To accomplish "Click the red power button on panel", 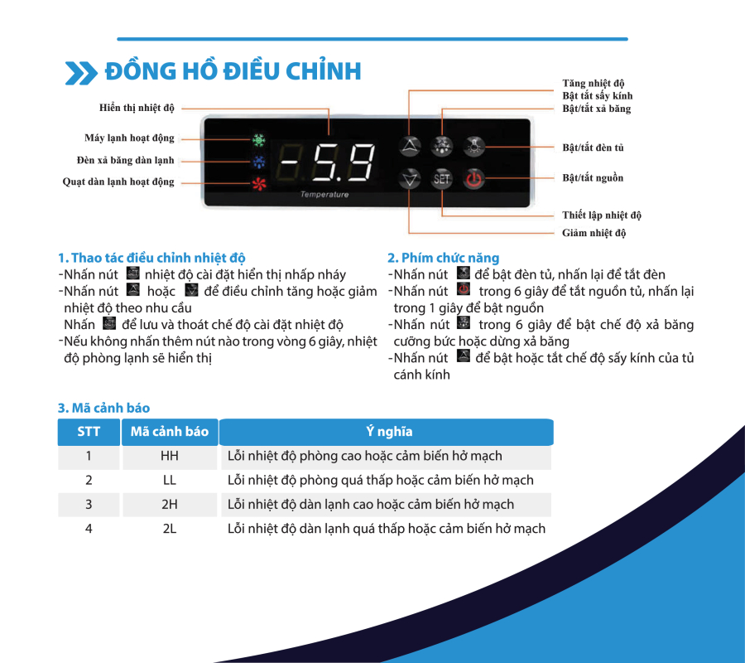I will pyautogui.click(x=473, y=179).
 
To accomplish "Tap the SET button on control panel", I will pyautogui.click(x=442, y=179).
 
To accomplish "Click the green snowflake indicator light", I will pyautogui.click(x=258, y=140).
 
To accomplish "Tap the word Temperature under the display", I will pyautogui.click(x=324, y=196).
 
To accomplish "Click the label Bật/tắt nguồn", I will pyautogui.click(x=593, y=178).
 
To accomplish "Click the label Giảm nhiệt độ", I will pyautogui.click(x=594, y=233).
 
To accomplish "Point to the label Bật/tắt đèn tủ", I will pyautogui.click(x=593, y=148).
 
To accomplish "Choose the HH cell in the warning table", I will pyautogui.click(x=170, y=456).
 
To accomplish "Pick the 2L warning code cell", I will pyautogui.click(x=170, y=528).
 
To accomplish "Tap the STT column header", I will pyautogui.click(x=89, y=432).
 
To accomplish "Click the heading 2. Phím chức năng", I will pyautogui.click(x=443, y=258).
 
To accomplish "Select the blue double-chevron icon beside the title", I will pyautogui.click(x=81, y=73).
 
